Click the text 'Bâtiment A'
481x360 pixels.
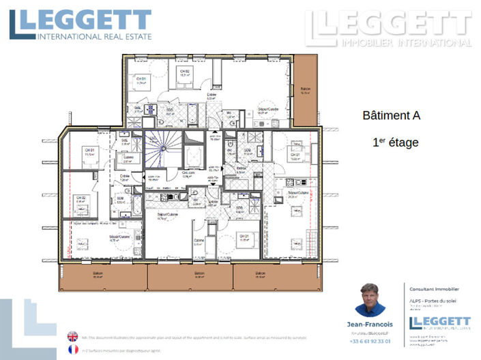[x=391, y=116]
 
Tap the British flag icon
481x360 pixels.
[x=72, y=336]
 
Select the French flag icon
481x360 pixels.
[x=72, y=349]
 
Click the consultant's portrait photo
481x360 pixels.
[x=370, y=300]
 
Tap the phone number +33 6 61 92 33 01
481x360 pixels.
[x=370, y=341]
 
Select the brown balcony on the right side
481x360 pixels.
[x=305, y=89]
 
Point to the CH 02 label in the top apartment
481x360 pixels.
[x=184, y=71]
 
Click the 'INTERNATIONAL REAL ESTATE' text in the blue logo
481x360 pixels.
[x=94, y=35]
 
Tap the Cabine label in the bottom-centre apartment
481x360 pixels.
[x=199, y=240]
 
